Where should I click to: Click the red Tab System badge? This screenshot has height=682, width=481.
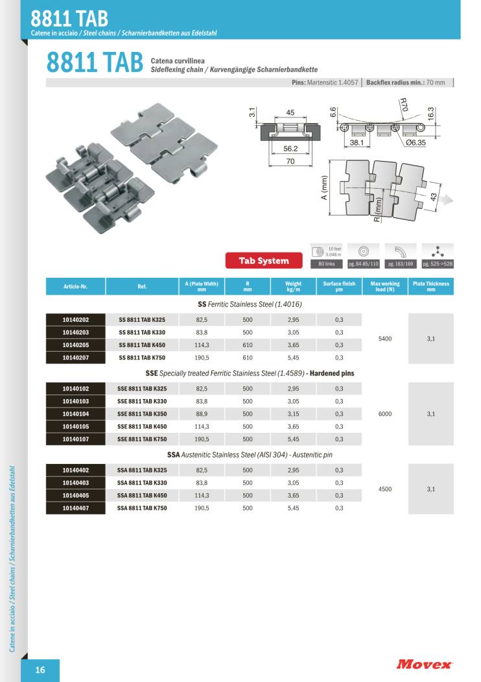264,261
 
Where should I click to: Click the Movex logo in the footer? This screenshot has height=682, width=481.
425,664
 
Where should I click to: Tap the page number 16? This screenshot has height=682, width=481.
40,670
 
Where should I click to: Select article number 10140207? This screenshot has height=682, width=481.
76,358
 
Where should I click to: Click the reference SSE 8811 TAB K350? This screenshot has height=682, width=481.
142,414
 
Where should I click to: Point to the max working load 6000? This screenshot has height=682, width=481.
385,414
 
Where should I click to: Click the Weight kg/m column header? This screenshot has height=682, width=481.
293,286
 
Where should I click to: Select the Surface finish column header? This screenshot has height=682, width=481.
339,286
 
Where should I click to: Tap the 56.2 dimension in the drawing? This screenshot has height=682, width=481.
290,148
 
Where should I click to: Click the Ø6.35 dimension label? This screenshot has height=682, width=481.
412,142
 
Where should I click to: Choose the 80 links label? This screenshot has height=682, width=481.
326,264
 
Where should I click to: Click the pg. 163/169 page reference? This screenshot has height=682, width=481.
400,264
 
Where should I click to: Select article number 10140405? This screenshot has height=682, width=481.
76,495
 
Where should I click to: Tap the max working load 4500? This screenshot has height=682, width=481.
385,489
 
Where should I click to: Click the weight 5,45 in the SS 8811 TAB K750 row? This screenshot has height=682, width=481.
293,358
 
